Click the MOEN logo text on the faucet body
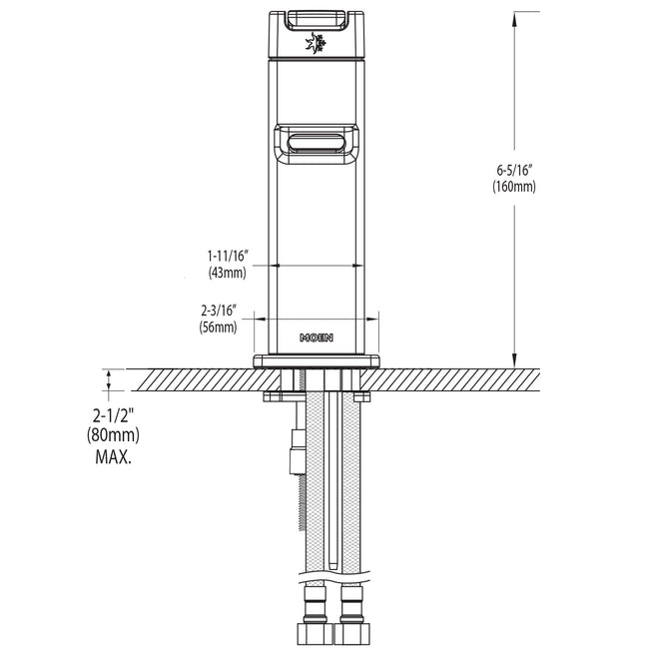(x=318, y=337)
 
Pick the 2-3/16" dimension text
(x=219, y=312)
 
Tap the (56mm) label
(x=219, y=326)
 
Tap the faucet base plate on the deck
(x=318, y=360)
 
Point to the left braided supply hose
(x=312, y=479)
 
